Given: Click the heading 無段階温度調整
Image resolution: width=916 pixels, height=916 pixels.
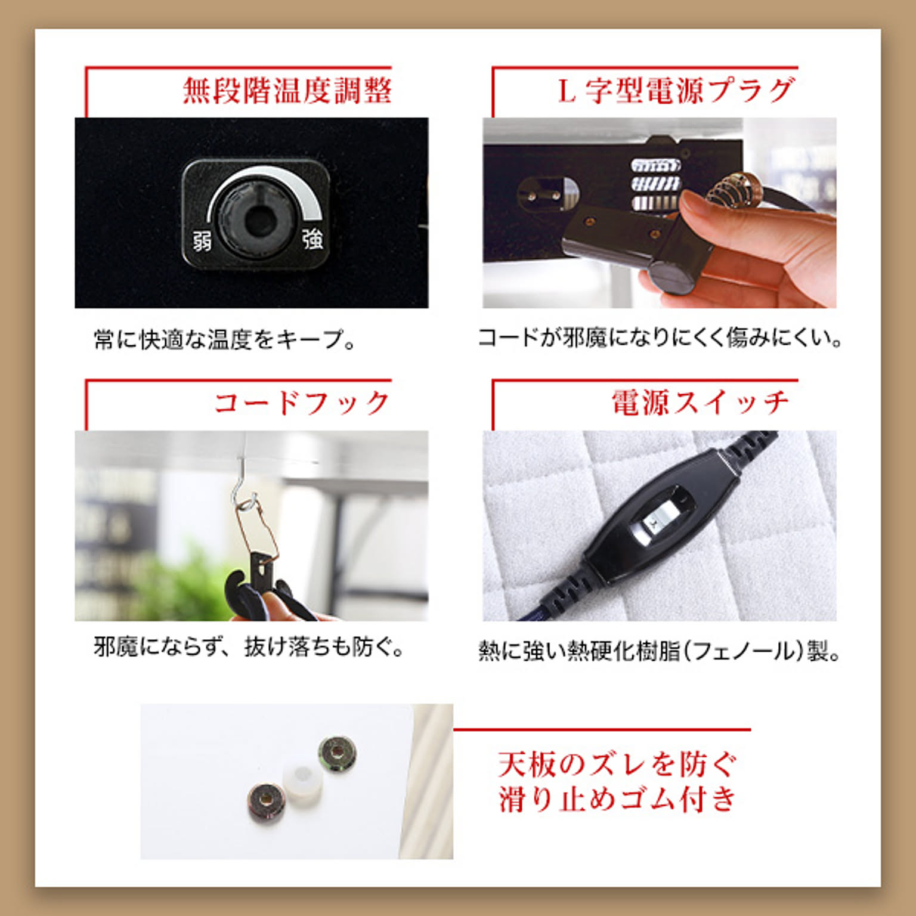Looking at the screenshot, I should point(286,91).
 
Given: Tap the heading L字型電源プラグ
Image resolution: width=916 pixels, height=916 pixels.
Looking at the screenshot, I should point(676,91).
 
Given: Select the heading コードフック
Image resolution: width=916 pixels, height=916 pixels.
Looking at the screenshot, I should point(302,403).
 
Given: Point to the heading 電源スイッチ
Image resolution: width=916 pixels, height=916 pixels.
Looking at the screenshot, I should point(700,403).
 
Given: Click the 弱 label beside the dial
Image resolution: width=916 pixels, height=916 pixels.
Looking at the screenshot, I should point(202,242).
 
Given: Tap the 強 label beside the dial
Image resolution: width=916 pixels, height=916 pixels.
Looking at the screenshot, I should point(312,239).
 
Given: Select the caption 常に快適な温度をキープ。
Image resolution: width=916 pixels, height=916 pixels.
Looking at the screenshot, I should point(224,340).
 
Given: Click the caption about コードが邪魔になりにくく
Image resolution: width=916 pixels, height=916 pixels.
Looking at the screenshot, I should point(659,338).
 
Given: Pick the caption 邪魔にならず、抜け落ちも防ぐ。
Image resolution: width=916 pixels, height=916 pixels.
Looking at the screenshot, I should point(249,647).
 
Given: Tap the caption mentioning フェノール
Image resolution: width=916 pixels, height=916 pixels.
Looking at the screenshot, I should point(659,651).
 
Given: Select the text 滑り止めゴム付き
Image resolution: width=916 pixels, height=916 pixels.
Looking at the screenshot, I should point(617,799).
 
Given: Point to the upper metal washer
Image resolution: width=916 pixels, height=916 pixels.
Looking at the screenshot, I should point(338,754).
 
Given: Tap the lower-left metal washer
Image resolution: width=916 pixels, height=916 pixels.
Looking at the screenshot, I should point(266,802).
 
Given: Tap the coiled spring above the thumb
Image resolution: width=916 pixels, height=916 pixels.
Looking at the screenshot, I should point(732,187).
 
